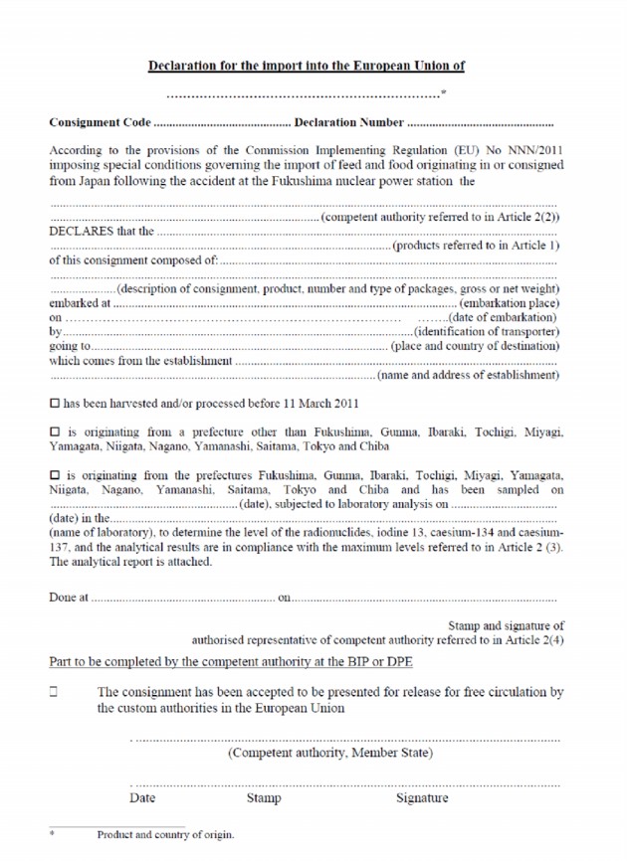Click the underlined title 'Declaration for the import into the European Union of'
[306, 66]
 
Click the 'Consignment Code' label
[100, 123]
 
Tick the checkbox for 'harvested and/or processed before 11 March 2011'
[55, 405]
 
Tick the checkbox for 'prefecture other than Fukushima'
[55, 432]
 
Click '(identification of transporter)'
[487, 331]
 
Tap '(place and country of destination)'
[476, 346]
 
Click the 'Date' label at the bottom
[142, 797]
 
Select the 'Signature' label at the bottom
[422, 797]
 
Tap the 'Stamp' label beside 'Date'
[264, 797]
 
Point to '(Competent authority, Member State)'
[330, 753]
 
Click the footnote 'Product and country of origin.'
[165, 835]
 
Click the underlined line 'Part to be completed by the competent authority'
[231, 662]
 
